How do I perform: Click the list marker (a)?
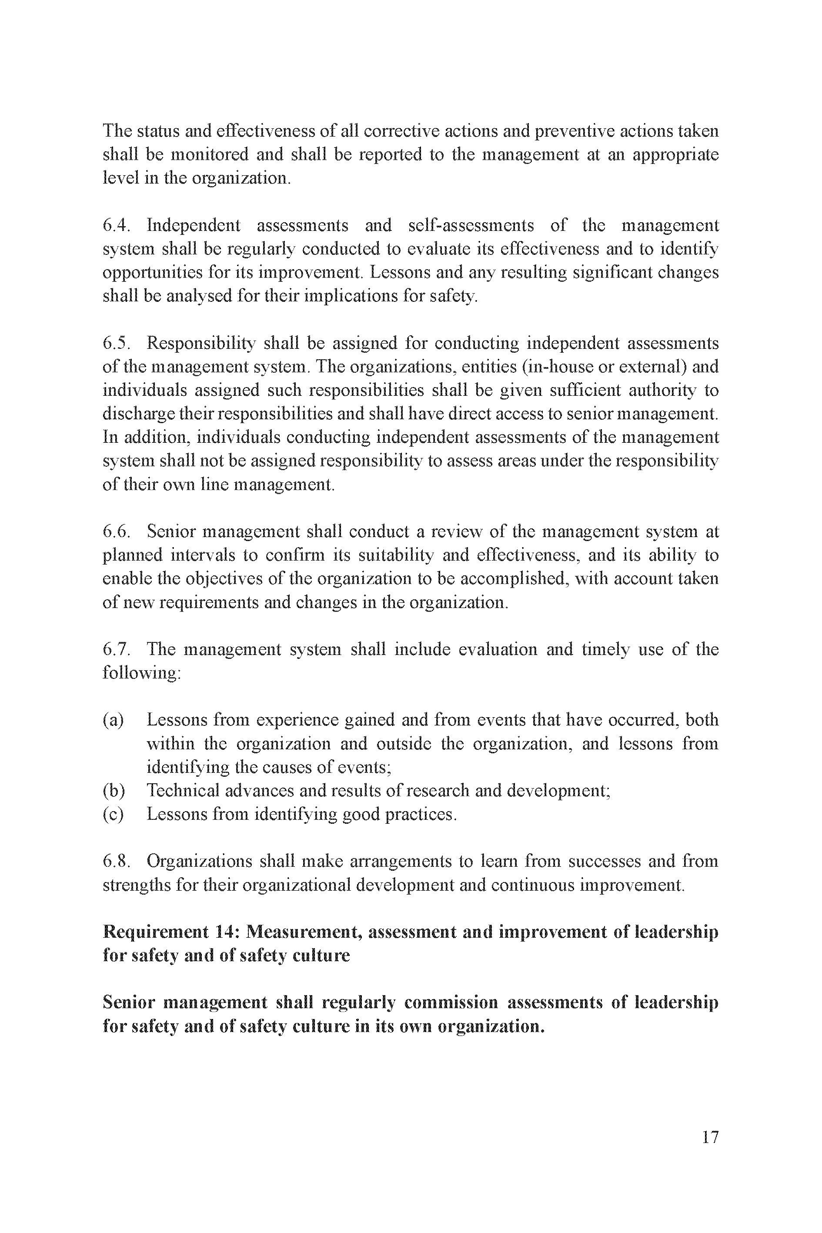click(x=113, y=720)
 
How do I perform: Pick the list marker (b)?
click(x=113, y=791)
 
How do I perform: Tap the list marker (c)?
click(x=113, y=814)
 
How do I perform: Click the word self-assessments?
click(x=471, y=225)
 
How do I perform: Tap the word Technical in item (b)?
click(x=182, y=791)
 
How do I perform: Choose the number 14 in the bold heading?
click(x=226, y=932)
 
